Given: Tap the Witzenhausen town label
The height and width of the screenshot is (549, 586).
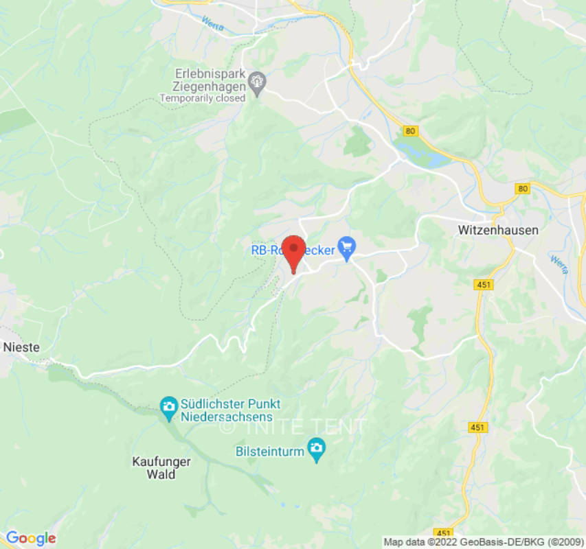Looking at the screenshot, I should (x=498, y=231).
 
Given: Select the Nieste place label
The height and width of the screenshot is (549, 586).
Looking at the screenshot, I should (x=21, y=347).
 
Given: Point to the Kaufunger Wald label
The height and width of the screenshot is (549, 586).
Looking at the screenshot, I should (x=161, y=468).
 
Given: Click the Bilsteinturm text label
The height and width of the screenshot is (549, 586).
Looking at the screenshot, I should (x=269, y=451).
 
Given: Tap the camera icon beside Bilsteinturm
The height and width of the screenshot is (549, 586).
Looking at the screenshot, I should (x=316, y=451).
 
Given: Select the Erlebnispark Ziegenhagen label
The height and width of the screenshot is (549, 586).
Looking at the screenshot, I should (x=210, y=80).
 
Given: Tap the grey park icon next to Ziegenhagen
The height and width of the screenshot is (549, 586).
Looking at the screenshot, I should (x=258, y=82).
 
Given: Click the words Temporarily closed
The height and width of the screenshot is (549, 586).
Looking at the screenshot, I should (x=202, y=98).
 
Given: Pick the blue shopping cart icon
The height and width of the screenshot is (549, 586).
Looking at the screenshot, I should (x=347, y=245).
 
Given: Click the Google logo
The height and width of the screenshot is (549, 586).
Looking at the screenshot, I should (x=30, y=538).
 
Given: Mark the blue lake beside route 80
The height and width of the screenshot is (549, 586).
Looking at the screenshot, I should (x=426, y=157).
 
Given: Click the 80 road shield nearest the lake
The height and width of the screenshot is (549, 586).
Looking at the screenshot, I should (x=411, y=130).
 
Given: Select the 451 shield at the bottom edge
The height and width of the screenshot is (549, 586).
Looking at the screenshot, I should (x=444, y=533).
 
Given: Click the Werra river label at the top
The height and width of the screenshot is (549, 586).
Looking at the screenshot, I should (x=212, y=21).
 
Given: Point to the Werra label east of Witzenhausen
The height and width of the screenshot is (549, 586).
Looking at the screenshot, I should (x=559, y=264).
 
